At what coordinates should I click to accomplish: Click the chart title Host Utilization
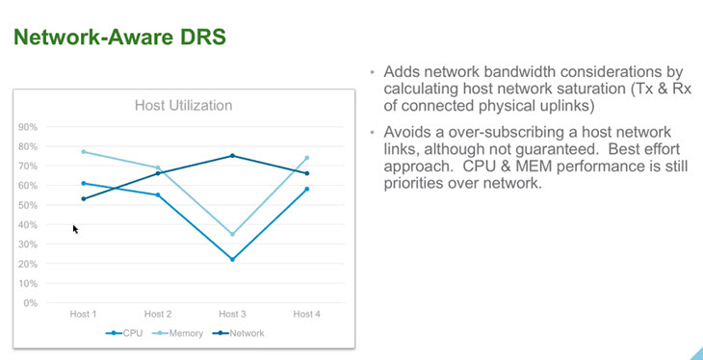tap(183, 105)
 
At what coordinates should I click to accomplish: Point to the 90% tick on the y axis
tap(29, 127)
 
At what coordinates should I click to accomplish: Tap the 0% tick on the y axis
tap(31, 303)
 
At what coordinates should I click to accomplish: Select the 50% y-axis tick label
tap(29, 205)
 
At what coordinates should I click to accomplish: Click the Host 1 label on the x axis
tap(84, 314)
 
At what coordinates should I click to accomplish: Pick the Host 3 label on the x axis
tap(232, 314)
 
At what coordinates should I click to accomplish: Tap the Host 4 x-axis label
tap(306, 314)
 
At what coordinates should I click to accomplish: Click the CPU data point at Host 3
tap(232, 259)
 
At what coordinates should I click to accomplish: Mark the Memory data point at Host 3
tap(232, 234)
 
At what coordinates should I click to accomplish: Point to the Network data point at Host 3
tap(232, 156)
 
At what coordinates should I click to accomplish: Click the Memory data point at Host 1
tap(84, 151)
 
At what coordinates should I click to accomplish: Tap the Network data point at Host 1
tap(84, 198)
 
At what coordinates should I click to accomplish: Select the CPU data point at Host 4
tap(306, 189)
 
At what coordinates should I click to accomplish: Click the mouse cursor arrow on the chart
tap(76, 229)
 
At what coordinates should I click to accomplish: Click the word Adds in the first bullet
tap(401, 73)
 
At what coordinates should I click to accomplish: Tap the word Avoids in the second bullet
tap(405, 131)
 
